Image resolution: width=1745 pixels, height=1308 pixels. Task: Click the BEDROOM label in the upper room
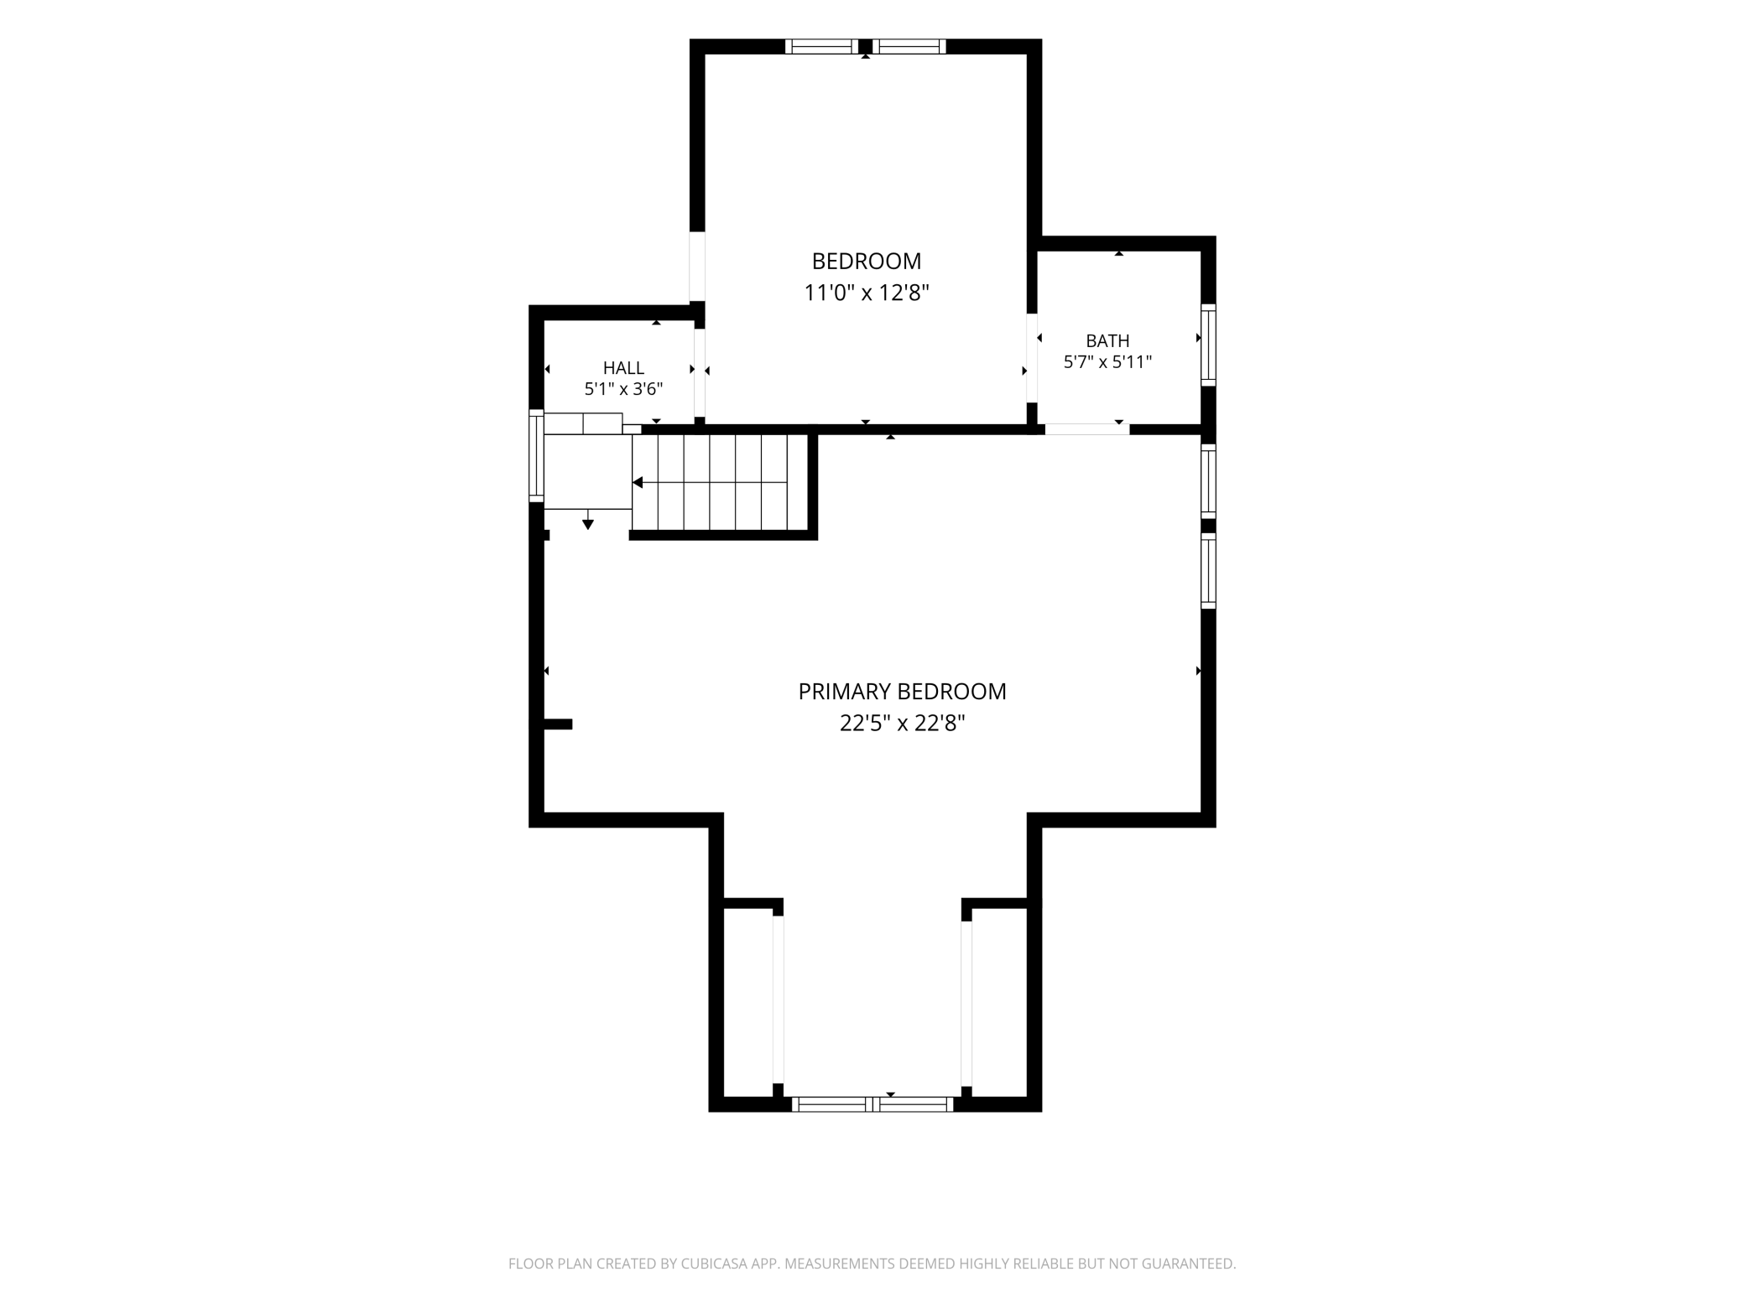[867, 262]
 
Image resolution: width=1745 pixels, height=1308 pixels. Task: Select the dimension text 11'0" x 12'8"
[867, 293]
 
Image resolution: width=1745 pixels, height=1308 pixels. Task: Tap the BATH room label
[1107, 340]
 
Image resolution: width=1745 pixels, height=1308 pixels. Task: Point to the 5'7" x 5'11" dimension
[1107, 362]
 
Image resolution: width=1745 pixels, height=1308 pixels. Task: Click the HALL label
[623, 367]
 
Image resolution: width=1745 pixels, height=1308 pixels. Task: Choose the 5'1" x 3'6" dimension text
[623, 389]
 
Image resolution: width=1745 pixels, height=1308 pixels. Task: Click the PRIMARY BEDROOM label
[902, 692]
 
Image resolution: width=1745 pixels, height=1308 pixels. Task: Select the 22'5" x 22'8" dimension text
[902, 723]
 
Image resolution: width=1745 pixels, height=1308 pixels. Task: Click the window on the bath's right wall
[1208, 345]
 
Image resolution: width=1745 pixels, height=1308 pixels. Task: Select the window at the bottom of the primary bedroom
[872, 1104]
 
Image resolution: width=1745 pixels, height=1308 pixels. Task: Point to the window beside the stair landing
[536, 456]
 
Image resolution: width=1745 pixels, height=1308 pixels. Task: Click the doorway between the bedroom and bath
[1032, 358]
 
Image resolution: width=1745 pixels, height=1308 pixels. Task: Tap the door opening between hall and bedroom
[699, 372]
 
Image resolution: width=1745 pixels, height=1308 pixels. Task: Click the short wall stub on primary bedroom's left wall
[558, 724]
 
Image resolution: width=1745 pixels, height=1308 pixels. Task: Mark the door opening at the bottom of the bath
[1087, 429]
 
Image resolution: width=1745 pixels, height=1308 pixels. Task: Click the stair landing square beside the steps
[588, 472]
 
